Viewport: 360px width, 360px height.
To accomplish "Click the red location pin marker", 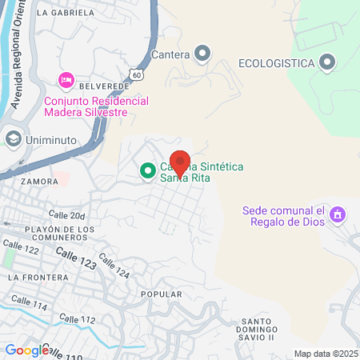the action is click(180, 163).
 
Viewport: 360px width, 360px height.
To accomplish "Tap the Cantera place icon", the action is click(202, 54).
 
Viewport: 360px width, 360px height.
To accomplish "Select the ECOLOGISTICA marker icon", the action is click(326, 62).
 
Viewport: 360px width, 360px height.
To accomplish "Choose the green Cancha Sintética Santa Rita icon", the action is click(147, 170).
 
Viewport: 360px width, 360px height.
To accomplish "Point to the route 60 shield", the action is click(139, 74).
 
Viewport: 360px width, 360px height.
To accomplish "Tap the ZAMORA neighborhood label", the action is click(41, 182).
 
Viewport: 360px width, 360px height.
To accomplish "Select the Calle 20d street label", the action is click(66, 214).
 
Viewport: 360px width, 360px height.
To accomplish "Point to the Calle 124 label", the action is click(117, 272).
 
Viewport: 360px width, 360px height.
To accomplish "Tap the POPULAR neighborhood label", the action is click(156, 294).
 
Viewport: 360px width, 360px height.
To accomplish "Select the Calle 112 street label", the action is click(78, 319).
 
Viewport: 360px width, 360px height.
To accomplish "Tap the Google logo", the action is click(26, 350).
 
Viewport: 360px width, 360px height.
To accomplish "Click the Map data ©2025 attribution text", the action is click(325, 354).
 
